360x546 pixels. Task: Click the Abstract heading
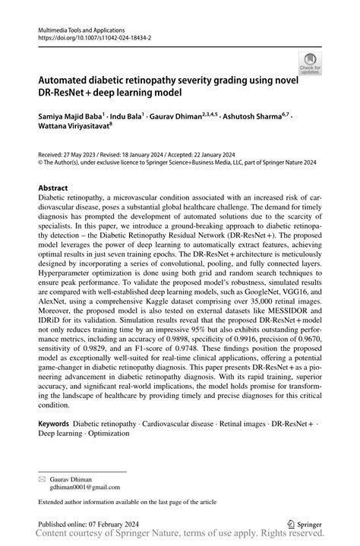tap(53, 186)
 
